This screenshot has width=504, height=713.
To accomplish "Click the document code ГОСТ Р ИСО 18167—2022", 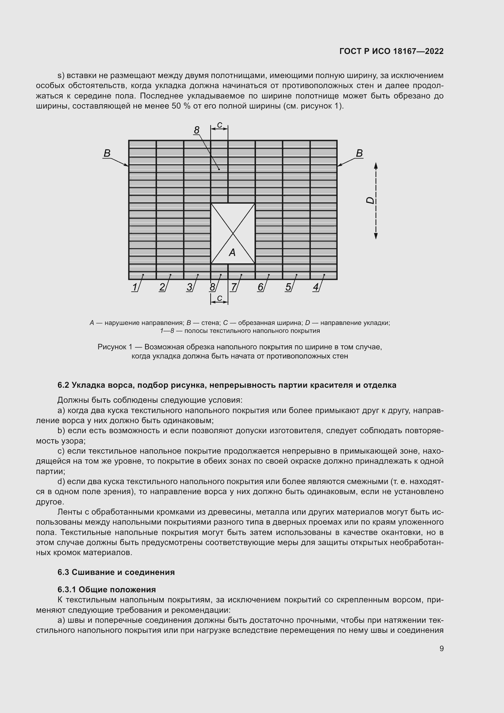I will click(x=391, y=51).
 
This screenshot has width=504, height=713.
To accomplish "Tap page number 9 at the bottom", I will click(x=441, y=648).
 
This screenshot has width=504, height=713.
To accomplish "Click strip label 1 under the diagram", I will click(x=134, y=287).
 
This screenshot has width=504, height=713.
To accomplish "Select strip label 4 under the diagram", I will click(x=315, y=287).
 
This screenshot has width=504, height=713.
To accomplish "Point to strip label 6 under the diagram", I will click(x=260, y=287).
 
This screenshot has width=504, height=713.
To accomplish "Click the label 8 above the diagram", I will click(x=197, y=130).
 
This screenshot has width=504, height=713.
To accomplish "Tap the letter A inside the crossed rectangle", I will click(x=232, y=253).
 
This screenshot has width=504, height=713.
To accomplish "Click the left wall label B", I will click(x=107, y=153).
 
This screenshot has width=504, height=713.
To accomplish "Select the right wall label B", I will click(x=359, y=153).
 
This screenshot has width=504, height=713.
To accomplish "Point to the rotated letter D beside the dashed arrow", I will click(x=370, y=201).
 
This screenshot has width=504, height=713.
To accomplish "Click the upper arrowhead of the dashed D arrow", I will click(x=375, y=166).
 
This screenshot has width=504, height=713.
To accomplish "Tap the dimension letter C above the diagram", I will click(x=219, y=125).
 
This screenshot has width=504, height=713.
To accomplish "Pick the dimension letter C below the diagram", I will click(x=219, y=298).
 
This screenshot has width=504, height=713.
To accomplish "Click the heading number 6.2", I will click(x=63, y=385).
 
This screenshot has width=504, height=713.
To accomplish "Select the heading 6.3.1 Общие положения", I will click(x=106, y=590).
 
